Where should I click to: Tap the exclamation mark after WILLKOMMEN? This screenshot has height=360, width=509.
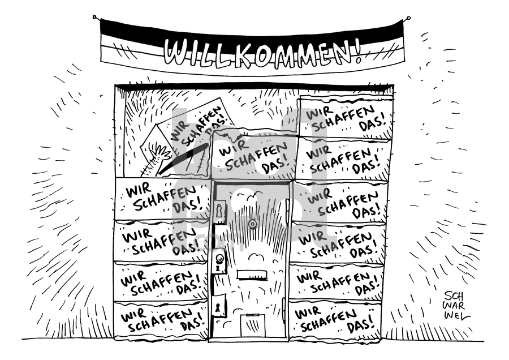click(358, 52)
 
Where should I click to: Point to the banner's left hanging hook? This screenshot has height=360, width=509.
click(95, 17)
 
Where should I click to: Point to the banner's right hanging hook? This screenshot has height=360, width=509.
click(407, 18)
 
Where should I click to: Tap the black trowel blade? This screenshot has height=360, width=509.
click(189, 157)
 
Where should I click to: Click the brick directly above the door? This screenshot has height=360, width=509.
click(254, 156)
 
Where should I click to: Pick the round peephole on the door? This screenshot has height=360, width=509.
click(251, 223)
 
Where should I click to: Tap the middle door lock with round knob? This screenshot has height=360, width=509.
click(220, 262)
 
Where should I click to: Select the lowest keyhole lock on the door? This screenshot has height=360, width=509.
click(219, 305)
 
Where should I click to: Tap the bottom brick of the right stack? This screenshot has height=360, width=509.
click(334, 319)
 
